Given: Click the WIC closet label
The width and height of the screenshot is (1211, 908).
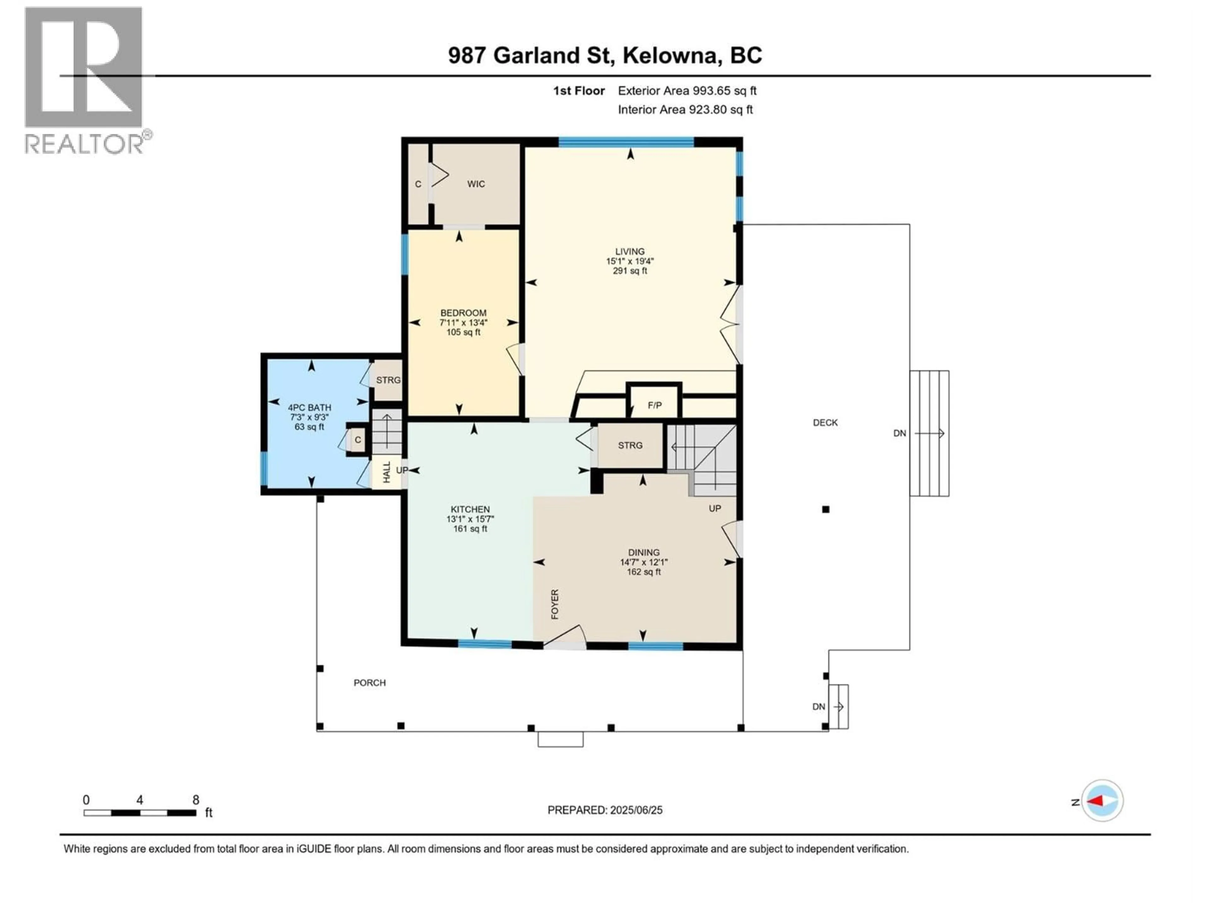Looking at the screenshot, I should pos(476,184).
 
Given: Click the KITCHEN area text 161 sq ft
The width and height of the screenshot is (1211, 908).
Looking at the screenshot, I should pos(470,529).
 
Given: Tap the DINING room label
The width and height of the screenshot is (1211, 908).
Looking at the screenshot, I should pos(644,553).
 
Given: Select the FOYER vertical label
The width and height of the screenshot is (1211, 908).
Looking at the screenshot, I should pos(555,604).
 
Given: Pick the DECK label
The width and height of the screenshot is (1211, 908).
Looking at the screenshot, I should pos(825,422).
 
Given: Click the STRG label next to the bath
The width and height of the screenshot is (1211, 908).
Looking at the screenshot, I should pos(388,380).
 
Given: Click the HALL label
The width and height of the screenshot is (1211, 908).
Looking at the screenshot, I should pos(387,472).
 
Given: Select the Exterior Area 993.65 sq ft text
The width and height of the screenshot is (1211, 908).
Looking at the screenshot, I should pos(687,91).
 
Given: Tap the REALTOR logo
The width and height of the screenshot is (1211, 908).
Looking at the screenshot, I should pos(85,81).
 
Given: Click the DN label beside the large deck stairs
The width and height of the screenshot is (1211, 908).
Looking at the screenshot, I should pos(899,433).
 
